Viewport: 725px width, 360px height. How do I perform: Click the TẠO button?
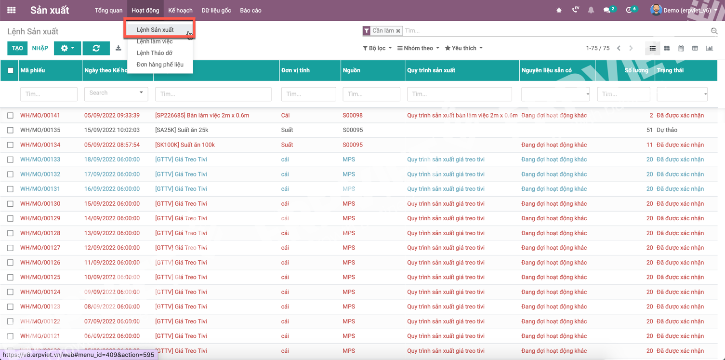tap(17, 48)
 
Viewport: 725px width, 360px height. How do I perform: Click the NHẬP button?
tap(40, 48)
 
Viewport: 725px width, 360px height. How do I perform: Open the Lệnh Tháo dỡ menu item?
tap(154, 53)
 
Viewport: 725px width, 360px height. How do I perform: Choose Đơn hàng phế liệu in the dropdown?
tap(160, 65)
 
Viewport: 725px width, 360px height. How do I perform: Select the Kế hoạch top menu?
tap(180, 11)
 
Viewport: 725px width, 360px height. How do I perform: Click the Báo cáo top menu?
tap(250, 11)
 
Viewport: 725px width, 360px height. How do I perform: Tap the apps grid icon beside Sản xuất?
tap(12, 10)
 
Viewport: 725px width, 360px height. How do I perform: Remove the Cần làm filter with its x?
tap(398, 31)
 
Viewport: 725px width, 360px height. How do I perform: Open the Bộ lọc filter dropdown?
tap(377, 48)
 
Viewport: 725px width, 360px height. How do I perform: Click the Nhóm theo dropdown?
tap(418, 48)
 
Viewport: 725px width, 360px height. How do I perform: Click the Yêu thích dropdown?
tap(463, 48)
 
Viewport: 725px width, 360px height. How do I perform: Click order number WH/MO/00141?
tap(40, 116)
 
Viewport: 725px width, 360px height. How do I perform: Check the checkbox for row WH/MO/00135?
tap(11, 130)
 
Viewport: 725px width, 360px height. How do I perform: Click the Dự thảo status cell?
tap(668, 130)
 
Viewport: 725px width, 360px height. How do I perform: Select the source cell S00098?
tap(353, 116)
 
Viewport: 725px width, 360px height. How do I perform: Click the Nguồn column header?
tap(351, 70)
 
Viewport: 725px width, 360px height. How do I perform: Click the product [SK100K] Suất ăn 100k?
tap(185, 145)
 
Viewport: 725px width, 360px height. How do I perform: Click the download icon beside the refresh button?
tap(119, 48)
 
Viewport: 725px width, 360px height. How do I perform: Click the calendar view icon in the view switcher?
tap(681, 48)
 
